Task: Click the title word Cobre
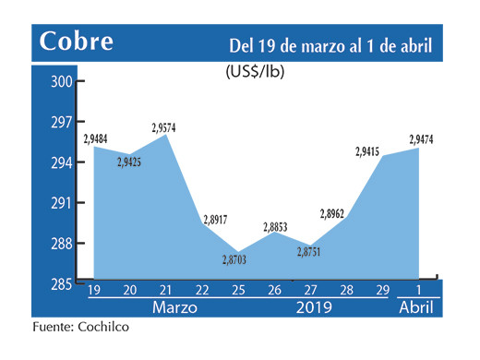(x=77, y=42)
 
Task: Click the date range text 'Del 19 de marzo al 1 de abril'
(x=330, y=45)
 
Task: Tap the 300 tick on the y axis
(x=61, y=82)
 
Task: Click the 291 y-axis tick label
(x=61, y=203)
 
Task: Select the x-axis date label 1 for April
(x=418, y=290)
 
